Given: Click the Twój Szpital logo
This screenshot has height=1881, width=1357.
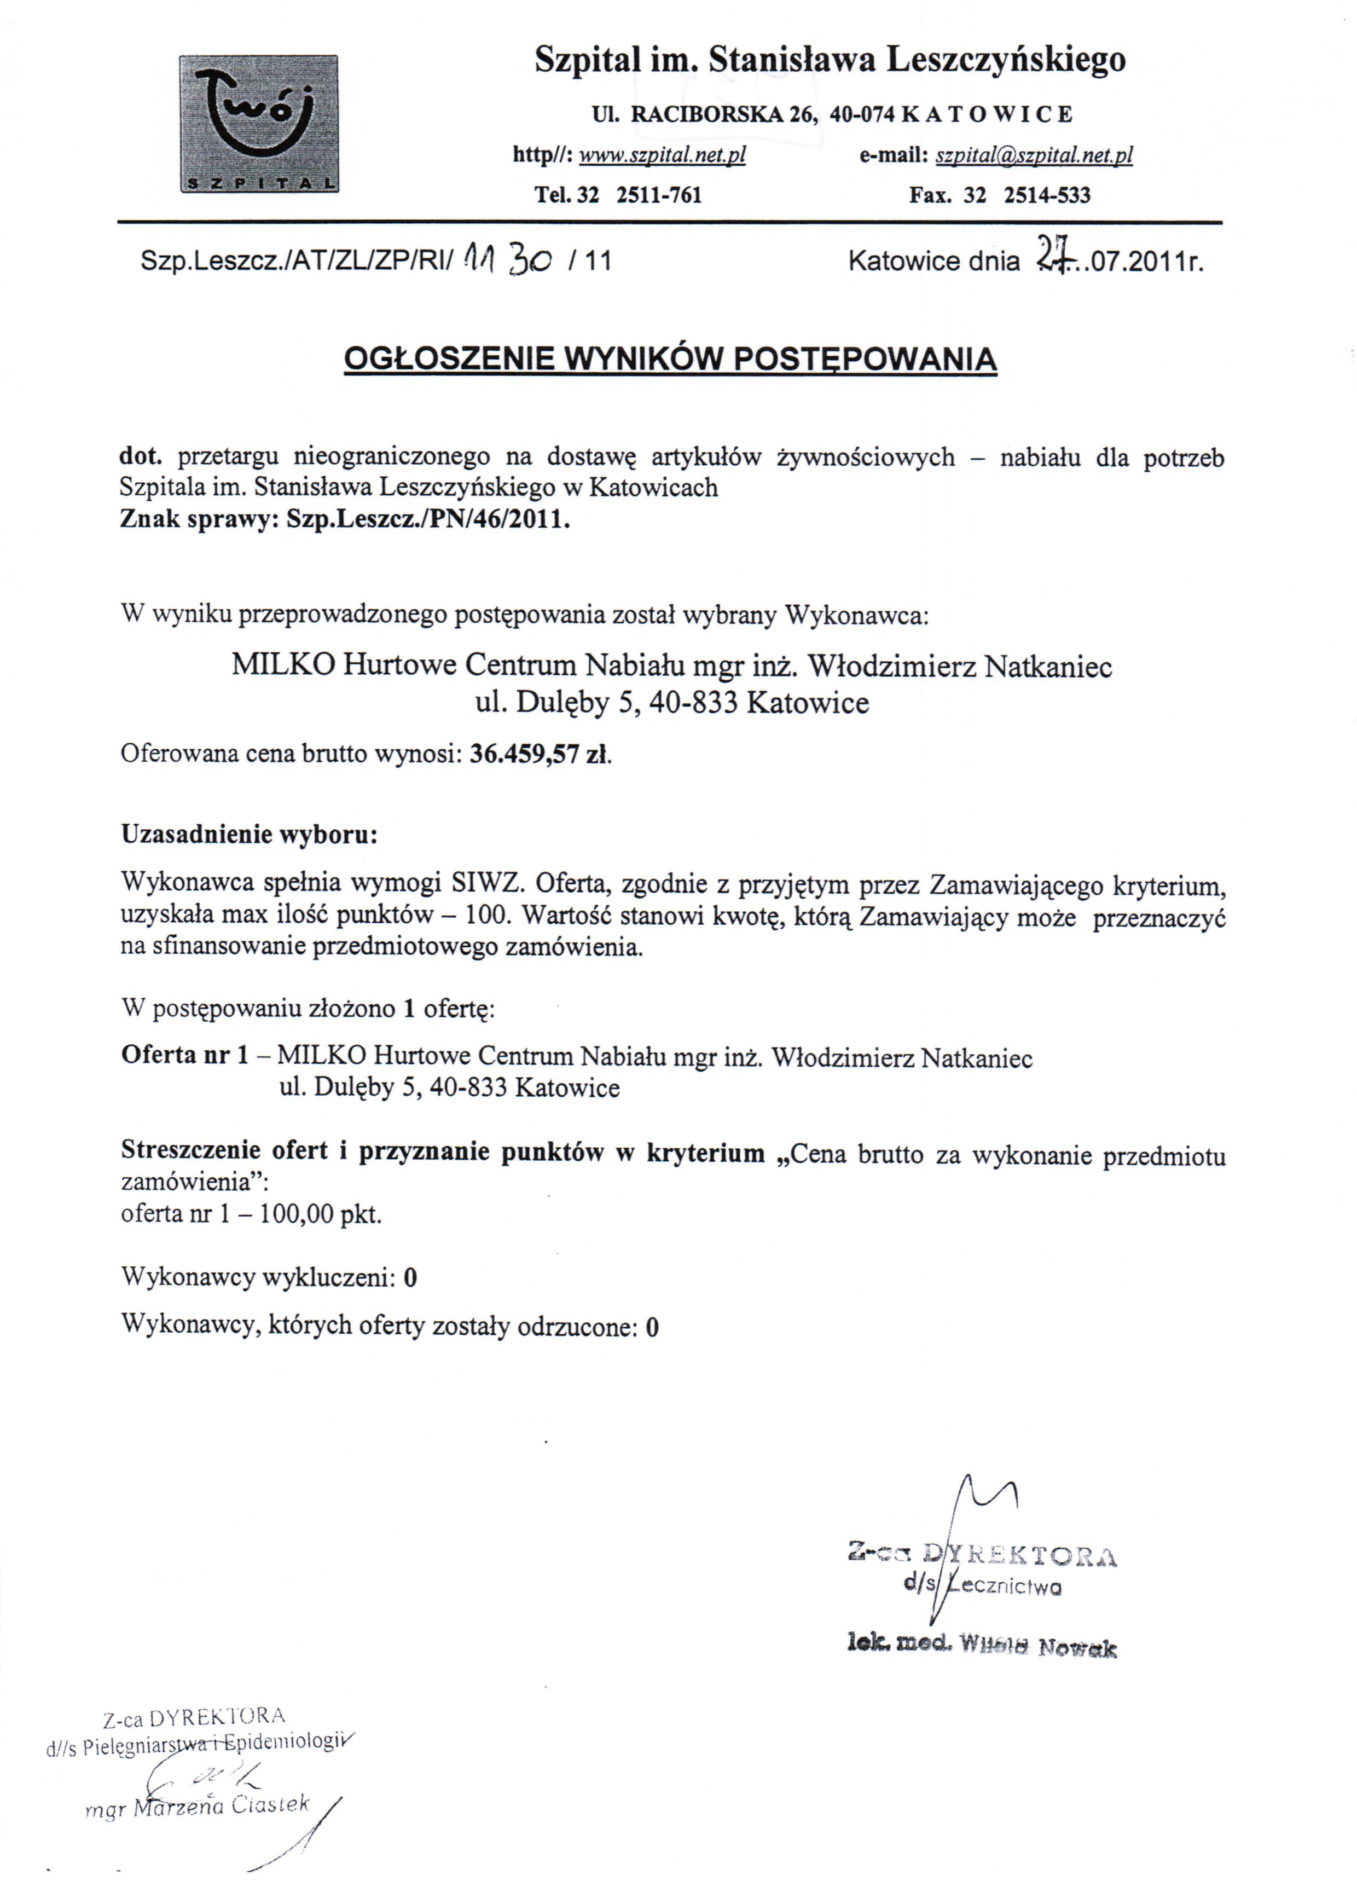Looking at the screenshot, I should pyautogui.click(x=259, y=124).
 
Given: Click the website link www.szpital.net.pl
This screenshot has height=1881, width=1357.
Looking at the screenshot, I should pyautogui.click(x=662, y=155).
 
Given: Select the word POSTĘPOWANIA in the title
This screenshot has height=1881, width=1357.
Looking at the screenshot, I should pyautogui.click(x=866, y=358).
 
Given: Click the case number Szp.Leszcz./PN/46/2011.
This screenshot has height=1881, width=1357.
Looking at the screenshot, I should pyautogui.click(x=428, y=520).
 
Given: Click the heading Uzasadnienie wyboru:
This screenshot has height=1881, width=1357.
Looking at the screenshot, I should pyautogui.click(x=249, y=834).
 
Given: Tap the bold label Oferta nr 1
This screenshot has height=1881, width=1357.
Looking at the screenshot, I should pyautogui.click(x=184, y=1056).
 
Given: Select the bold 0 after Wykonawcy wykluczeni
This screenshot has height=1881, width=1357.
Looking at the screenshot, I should pyautogui.click(x=410, y=1278).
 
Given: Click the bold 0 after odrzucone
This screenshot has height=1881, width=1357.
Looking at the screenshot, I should pyautogui.click(x=652, y=1327).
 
